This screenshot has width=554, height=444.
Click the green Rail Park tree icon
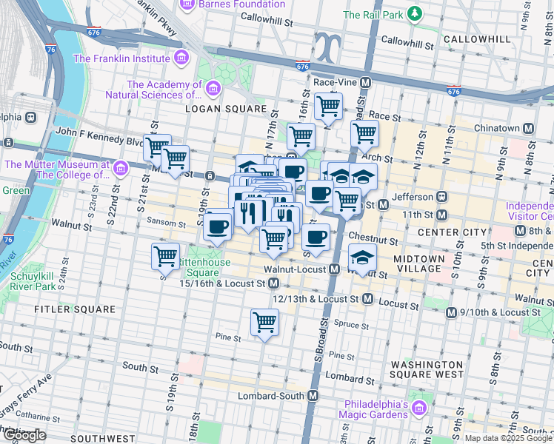click(x=415, y=14)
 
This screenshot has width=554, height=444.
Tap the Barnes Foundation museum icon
click(x=187, y=5)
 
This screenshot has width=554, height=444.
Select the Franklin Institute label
click(x=122, y=58)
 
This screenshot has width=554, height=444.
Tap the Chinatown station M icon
click(x=528, y=128)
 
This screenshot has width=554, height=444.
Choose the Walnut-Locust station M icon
click(x=335, y=269)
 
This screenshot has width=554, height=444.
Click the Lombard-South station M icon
click(x=313, y=396)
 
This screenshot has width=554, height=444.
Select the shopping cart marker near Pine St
click(x=264, y=322)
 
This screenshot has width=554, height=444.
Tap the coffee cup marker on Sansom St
click(x=218, y=226)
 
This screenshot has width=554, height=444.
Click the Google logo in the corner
click(x=24, y=435)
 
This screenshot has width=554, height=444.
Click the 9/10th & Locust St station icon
click(x=451, y=313)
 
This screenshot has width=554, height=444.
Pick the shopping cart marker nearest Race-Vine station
click(x=327, y=105)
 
